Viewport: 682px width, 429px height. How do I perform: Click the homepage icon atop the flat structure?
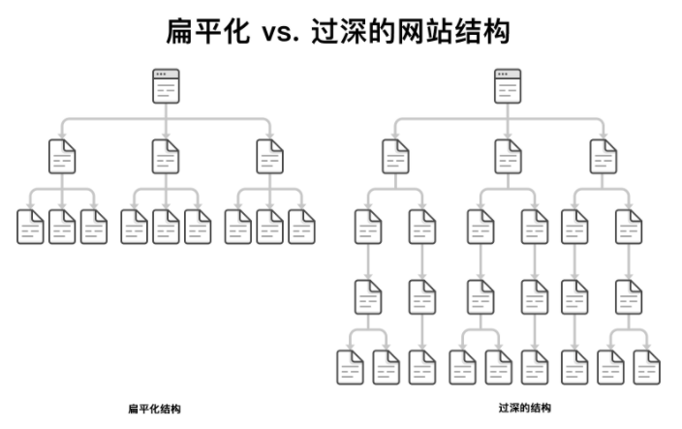click(167, 86)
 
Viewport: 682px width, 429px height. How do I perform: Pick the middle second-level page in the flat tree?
click(167, 156)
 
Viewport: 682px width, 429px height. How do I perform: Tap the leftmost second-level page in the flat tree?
click(62, 156)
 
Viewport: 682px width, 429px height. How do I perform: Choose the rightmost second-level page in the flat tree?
click(270, 156)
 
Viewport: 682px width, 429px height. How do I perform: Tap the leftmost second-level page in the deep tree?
click(395, 156)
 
